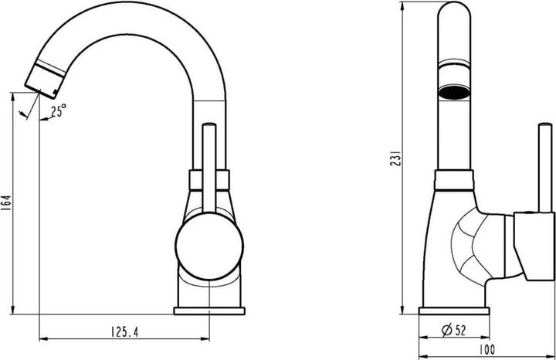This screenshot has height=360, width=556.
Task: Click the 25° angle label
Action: pos(59,111)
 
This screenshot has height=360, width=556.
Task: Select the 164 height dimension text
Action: pos(7,203)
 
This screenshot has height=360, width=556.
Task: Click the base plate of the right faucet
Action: pos(453,311)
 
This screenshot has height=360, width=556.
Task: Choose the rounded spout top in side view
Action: pos(454,15)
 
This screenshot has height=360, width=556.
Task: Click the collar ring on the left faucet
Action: pos(208,182)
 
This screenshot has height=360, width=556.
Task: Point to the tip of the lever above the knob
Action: pos(208,127)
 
